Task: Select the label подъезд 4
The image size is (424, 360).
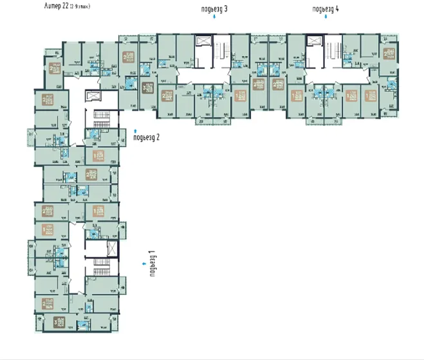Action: [325, 9]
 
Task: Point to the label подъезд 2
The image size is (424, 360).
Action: [146, 136]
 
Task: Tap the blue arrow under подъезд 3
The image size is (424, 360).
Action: [214, 20]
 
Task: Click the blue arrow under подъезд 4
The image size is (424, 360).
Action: [325, 20]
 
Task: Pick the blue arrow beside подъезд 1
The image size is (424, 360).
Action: [143, 263]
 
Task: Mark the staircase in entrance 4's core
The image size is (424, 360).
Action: [333, 51]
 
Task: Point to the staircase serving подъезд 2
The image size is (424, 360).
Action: [101, 119]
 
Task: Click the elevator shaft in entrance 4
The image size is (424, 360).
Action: [314, 41]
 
